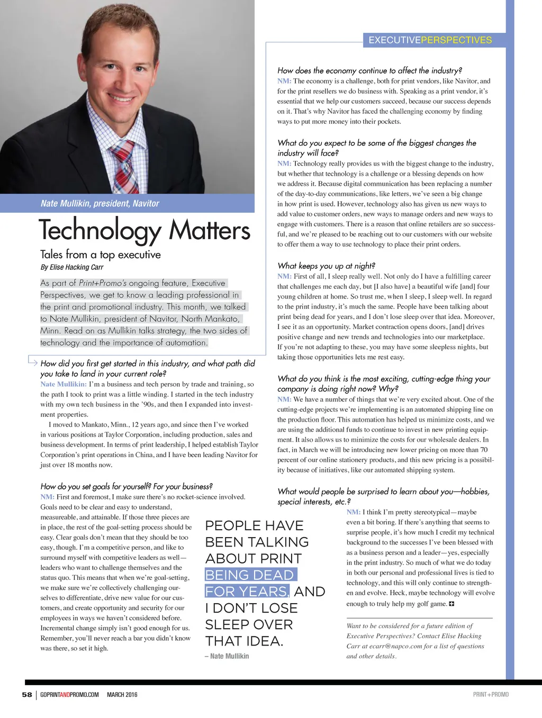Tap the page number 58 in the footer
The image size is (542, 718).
[27, 695]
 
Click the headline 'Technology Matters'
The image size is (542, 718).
[144, 230]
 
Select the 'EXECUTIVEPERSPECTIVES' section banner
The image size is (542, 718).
[430, 40]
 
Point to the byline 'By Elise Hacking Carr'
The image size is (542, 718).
[72, 267]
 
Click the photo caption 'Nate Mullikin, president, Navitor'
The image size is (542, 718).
[100, 203]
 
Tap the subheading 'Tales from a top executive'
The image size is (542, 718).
[101, 255]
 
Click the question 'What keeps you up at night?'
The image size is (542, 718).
[326, 266]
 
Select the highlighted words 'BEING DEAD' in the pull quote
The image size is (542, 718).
[249, 575]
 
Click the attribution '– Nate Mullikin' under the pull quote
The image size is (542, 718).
[227, 656]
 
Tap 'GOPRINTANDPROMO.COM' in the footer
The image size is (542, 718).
[69, 695]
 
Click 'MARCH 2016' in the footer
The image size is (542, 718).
[122, 695]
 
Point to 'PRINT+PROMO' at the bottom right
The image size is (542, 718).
[491, 695]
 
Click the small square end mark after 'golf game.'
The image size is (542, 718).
[451, 604]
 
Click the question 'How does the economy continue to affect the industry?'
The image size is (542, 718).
[369, 70]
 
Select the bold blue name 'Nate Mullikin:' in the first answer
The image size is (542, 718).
[64, 384]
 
